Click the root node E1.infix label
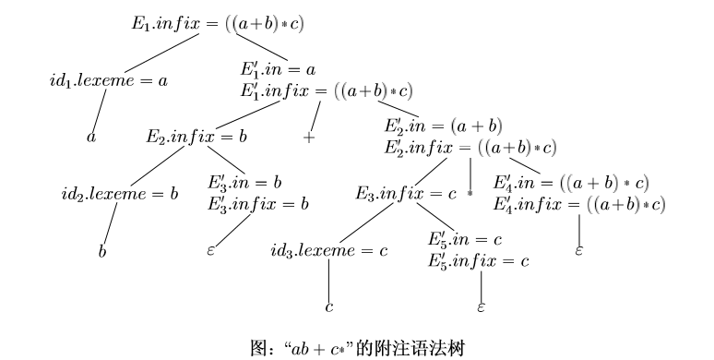click(217, 23)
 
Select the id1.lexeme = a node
click(109, 80)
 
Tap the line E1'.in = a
click(279, 69)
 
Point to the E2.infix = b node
click(197, 137)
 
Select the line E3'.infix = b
click(257, 202)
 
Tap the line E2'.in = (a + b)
click(443, 126)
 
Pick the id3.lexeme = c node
click(328, 250)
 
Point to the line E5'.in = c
click(464, 240)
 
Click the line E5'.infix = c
click(478, 260)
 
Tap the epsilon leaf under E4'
click(578, 250)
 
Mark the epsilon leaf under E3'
click(211, 249)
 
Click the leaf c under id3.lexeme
click(328, 306)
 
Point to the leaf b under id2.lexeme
click(103, 249)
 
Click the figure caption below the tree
click(356, 348)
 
